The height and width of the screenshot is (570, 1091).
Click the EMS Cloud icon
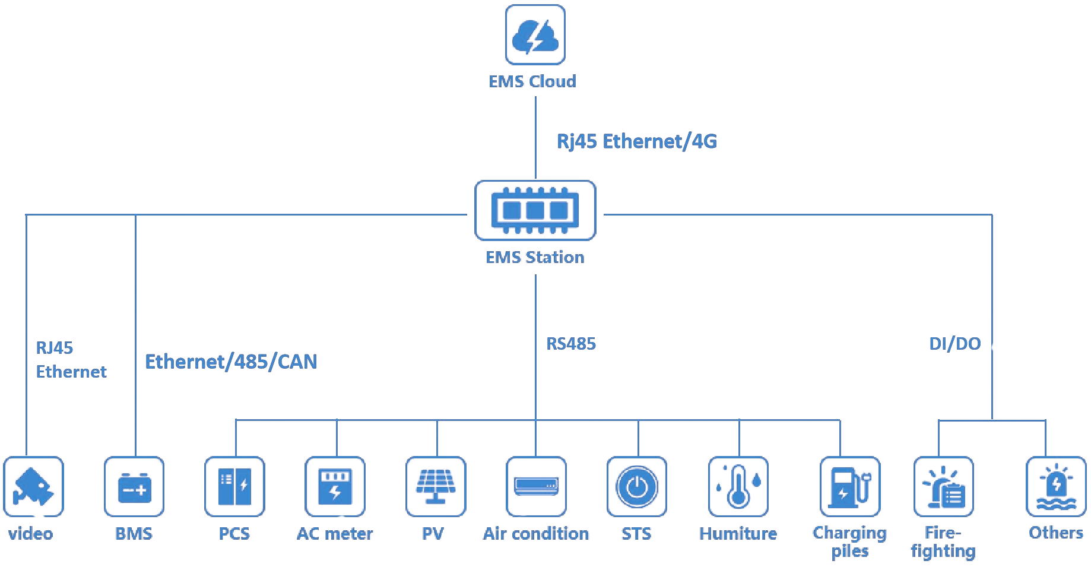(x=535, y=34)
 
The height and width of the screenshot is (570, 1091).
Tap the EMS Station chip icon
(x=535, y=210)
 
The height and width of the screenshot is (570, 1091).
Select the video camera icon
(x=33, y=486)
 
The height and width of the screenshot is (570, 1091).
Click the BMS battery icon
(x=134, y=486)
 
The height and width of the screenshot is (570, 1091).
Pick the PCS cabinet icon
(x=234, y=486)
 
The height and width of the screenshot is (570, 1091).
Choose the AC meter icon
(x=335, y=486)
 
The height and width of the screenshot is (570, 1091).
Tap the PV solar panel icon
(x=436, y=486)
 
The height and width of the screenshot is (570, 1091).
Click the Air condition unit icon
(x=536, y=486)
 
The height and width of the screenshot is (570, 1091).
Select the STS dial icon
(x=637, y=486)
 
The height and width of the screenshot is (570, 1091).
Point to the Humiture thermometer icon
(x=738, y=486)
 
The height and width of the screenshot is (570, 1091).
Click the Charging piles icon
(x=849, y=486)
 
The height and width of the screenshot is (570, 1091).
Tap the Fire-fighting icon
(x=944, y=486)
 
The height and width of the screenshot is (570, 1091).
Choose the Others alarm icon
(x=1056, y=486)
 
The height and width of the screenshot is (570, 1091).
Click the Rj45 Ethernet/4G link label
(x=636, y=141)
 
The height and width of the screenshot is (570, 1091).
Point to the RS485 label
(x=570, y=344)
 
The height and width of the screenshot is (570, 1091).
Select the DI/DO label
(x=954, y=344)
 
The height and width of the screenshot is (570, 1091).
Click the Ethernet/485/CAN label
(x=231, y=362)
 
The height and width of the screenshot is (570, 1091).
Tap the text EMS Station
(x=535, y=257)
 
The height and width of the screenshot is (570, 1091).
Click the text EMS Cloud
(x=532, y=81)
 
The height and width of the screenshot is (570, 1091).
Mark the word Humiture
(x=738, y=534)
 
